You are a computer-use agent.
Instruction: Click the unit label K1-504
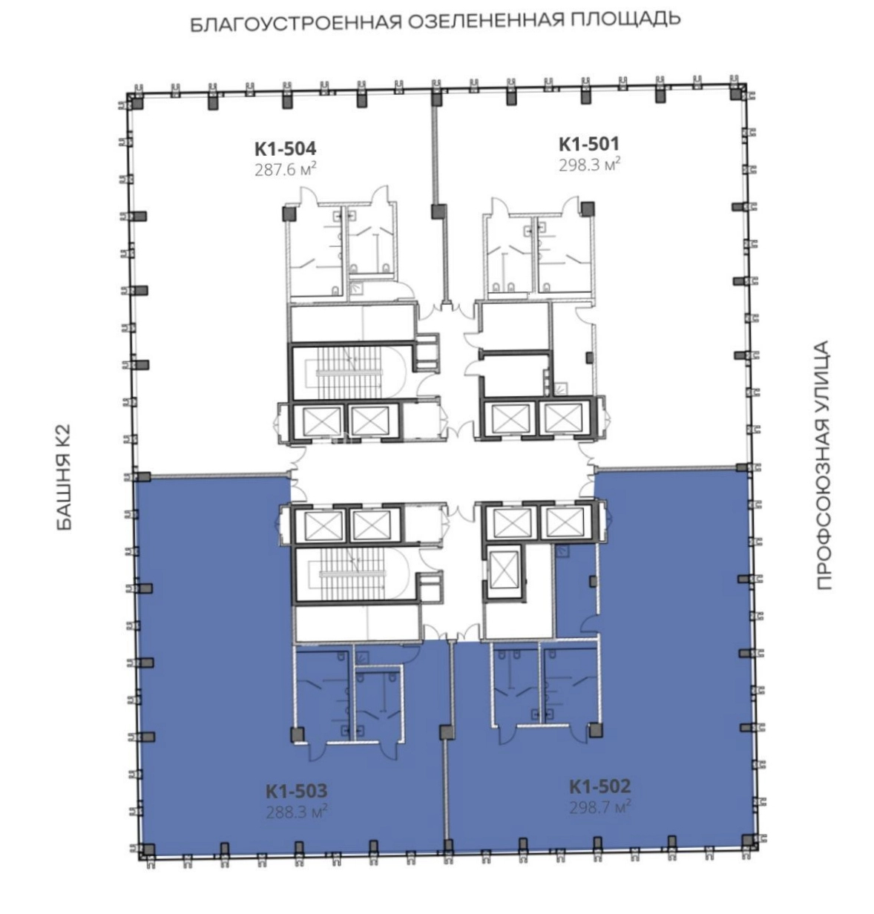tap(285, 149)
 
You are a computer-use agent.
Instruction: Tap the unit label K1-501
tap(589, 144)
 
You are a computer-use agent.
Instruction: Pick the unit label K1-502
tap(599, 786)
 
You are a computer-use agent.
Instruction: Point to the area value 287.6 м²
tap(285, 169)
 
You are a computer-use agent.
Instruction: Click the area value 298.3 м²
tap(589, 165)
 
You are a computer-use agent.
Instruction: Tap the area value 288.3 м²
tap(296, 811)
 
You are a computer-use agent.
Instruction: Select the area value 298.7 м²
tap(599, 806)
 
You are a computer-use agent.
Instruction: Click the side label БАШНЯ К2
tap(64, 477)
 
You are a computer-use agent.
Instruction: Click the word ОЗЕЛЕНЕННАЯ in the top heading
tap(484, 21)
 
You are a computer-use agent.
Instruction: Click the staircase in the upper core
tap(351, 372)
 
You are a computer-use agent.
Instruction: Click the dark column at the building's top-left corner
tap(137, 102)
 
